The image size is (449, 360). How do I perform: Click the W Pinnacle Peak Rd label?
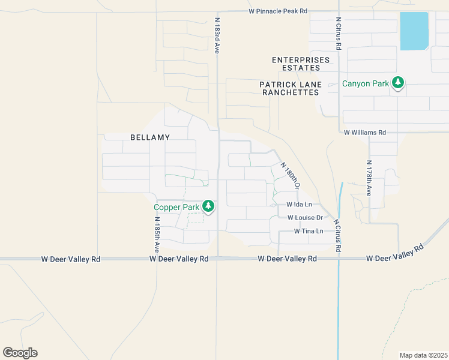[x=278, y=11]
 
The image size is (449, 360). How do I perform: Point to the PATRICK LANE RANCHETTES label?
[x=290, y=89]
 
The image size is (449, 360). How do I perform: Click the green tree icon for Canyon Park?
[x=397, y=83]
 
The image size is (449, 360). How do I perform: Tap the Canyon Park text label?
[x=366, y=84]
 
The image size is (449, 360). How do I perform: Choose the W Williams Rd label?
[x=364, y=133]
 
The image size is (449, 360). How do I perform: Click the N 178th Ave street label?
[x=369, y=178]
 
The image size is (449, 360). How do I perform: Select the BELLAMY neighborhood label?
[x=150, y=137]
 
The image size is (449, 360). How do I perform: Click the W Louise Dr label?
[x=305, y=218]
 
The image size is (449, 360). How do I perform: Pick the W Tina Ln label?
[x=309, y=231]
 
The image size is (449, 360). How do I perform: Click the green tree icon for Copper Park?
[x=208, y=207]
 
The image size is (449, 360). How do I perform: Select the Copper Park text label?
[x=176, y=208]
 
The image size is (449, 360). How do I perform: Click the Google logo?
[x=20, y=353]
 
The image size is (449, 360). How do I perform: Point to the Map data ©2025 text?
[x=423, y=355]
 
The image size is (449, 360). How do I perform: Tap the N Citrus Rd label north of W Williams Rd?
[x=339, y=33]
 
